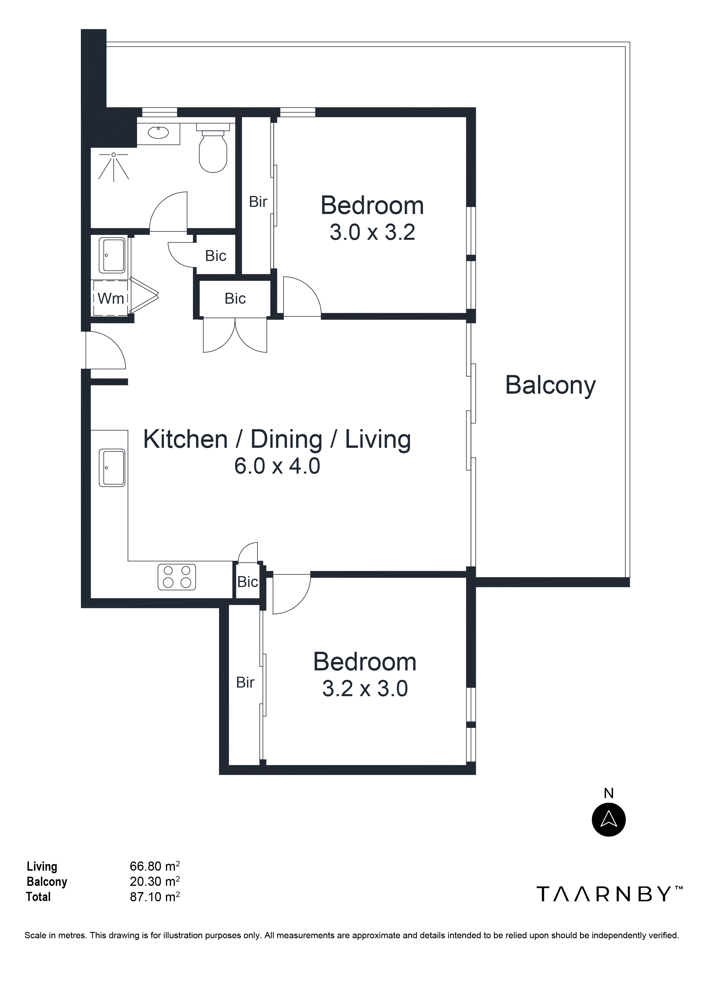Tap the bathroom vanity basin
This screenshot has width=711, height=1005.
point(158,132)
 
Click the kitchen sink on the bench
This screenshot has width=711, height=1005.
point(112,468)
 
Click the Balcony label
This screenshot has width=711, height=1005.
point(550,385)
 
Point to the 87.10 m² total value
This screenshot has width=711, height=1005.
point(155,897)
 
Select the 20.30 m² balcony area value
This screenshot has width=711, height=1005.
point(155,882)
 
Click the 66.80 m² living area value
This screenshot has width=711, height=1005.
point(155,866)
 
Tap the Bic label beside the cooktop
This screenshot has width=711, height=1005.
point(247,582)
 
